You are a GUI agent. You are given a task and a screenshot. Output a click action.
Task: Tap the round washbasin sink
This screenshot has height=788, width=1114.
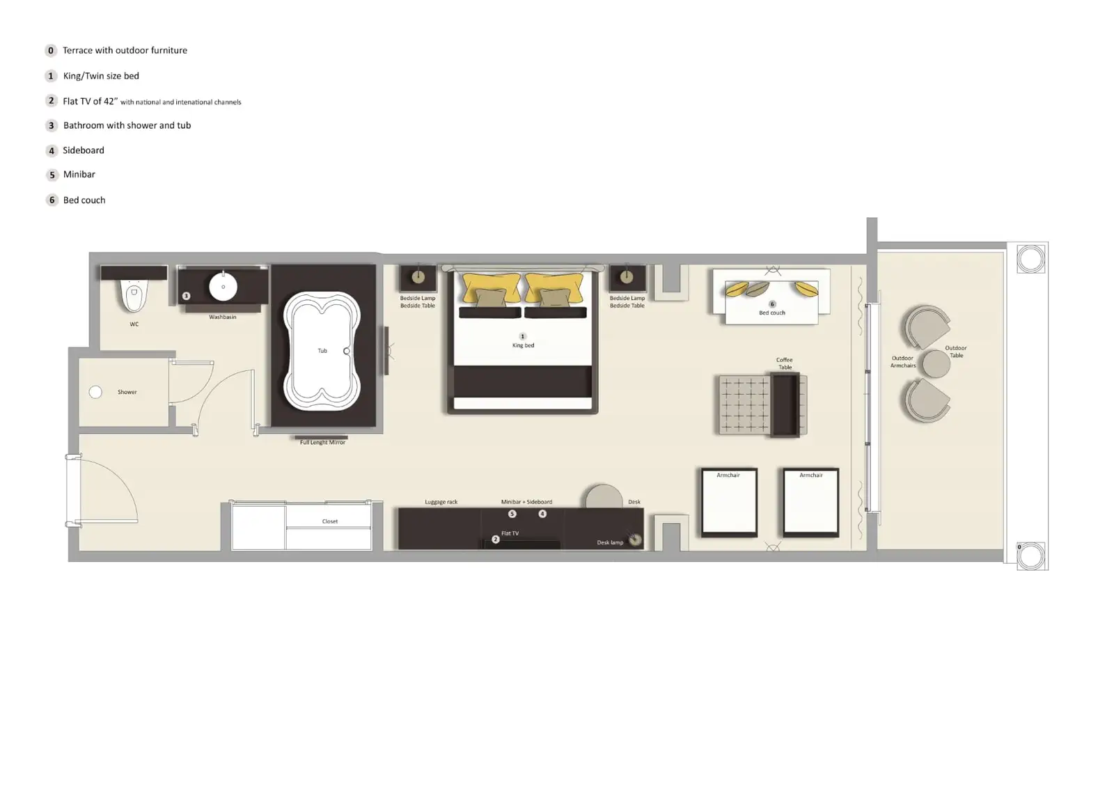pyautogui.click(x=223, y=287)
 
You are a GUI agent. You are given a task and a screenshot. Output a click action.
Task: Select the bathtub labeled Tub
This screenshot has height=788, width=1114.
pyautogui.click(x=322, y=351)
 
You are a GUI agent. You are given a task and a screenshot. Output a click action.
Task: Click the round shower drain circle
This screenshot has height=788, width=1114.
pyautogui.click(x=95, y=392)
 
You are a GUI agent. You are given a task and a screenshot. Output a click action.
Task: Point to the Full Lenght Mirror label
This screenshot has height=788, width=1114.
pyautogui.click(x=322, y=443)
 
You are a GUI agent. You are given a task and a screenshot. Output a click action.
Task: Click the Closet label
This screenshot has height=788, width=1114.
pyautogui.click(x=330, y=521)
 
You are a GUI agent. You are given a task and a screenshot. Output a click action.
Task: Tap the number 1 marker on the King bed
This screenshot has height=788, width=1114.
pyautogui.click(x=523, y=336)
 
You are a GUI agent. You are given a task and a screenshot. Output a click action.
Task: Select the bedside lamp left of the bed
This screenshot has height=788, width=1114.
pyautogui.click(x=418, y=277)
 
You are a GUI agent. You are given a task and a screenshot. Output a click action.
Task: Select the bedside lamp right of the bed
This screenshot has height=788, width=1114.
pyautogui.click(x=627, y=277)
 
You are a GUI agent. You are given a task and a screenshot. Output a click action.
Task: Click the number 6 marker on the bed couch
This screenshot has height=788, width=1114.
pyautogui.click(x=771, y=304)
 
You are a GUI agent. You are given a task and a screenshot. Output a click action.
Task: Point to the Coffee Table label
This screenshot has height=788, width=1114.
pyautogui.click(x=785, y=363)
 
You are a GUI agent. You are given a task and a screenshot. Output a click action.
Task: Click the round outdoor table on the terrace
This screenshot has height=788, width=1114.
pyautogui.click(x=936, y=364)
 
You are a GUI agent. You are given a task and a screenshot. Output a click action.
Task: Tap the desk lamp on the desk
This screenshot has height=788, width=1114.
pyautogui.click(x=635, y=539)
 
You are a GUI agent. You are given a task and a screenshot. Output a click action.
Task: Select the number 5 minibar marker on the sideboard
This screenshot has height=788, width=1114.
pyautogui.click(x=512, y=514)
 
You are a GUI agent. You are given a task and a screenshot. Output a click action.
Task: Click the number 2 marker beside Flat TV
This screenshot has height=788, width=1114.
pyautogui.click(x=496, y=539)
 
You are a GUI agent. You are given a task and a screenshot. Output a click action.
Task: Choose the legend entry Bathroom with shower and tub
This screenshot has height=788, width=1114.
pyautogui.click(x=127, y=126)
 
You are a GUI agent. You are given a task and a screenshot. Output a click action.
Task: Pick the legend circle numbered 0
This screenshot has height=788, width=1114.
pyautogui.click(x=51, y=51)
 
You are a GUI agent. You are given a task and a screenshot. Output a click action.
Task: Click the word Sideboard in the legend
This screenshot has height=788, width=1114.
pyautogui.click(x=84, y=150)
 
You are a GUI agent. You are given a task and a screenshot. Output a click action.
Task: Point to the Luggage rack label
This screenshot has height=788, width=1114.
pyautogui.click(x=441, y=502)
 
